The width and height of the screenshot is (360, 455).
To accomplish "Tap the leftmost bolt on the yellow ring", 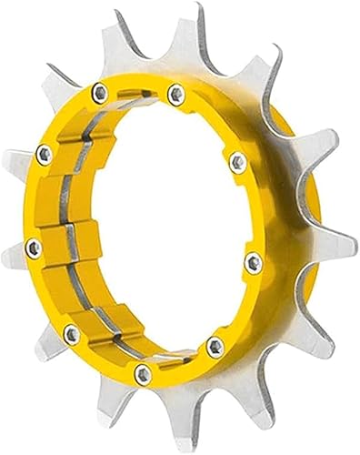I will [x=33, y=246].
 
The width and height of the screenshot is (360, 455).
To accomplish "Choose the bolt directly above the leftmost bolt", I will [x=42, y=153].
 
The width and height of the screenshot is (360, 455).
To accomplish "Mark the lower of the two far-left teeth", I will [x=13, y=264].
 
